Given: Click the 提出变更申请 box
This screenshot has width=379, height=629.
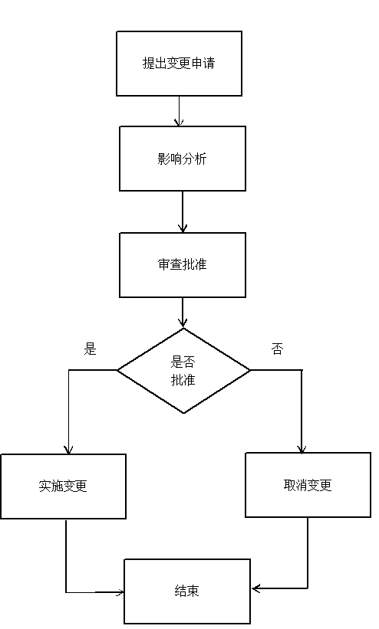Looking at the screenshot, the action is tap(179, 64).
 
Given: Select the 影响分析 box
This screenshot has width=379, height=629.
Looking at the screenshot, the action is tap(183, 159).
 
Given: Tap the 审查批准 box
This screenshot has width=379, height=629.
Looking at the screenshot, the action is tap(183, 265).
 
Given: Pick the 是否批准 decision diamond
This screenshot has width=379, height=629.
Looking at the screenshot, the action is tap(183, 370).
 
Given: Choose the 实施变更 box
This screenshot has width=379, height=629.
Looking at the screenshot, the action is tap(63, 486).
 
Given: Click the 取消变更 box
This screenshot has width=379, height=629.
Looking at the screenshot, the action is tap(308, 485).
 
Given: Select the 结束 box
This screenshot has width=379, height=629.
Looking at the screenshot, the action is tap(187, 591).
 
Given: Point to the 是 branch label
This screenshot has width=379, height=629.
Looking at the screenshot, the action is tap(90, 349).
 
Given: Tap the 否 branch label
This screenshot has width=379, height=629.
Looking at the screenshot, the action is tap(277, 349).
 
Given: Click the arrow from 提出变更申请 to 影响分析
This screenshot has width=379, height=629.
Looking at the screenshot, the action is tap(179, 111).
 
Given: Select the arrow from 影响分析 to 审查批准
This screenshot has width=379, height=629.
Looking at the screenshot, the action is tap(183, 211).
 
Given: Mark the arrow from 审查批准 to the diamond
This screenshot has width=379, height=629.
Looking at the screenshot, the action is tap(183, 313).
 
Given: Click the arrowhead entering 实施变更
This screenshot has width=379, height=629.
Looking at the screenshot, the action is tap(69, 450).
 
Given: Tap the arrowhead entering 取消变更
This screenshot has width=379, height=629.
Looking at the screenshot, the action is tap(302, 449).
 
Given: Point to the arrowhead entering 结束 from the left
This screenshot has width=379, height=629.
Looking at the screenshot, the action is tap(120, 592).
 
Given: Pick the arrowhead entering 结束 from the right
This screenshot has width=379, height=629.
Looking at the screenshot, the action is tap(256, 588).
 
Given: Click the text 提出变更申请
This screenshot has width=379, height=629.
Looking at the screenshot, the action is tap(179, 64).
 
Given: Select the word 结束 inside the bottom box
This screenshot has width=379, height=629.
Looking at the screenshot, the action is tap(187, 591).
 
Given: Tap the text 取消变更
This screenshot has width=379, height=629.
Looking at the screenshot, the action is tap(308, 485).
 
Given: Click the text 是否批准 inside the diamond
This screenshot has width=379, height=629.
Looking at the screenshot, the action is tap(183, 371).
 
